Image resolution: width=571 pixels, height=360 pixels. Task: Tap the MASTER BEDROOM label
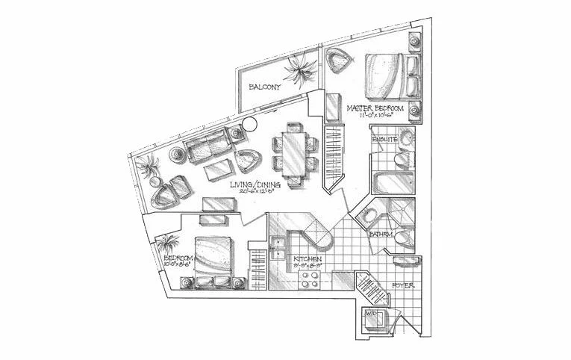tap(375, 110)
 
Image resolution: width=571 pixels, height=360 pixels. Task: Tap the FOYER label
tap(402, 285)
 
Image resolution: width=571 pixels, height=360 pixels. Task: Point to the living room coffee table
tap(217, 167)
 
